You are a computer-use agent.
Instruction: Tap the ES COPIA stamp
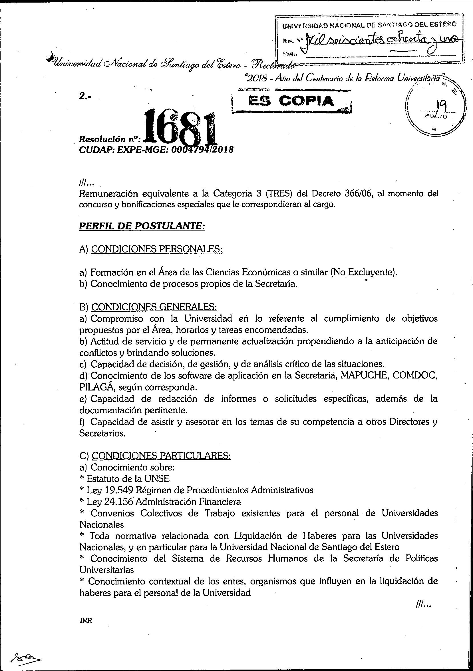(x=291, y=101)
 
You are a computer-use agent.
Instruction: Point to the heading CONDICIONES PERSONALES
(x=157, y=249)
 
